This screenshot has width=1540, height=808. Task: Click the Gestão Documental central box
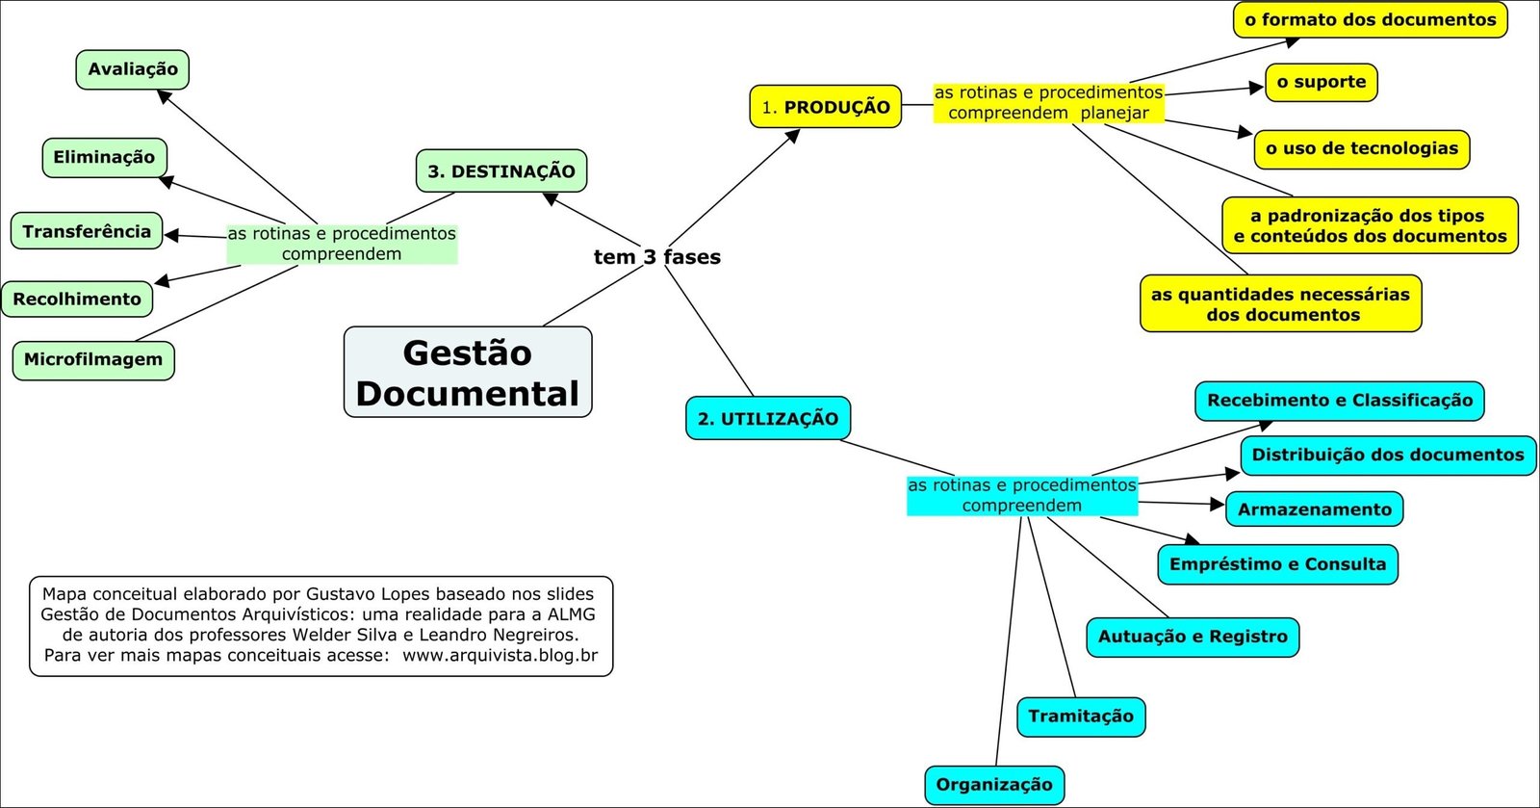pyautogui.click(x=468, y=373)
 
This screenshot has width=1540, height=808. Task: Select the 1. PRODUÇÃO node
pyautogui.click(x=825, y=107)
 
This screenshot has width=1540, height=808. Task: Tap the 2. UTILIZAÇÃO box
pyautogui.click(x=768, y=419)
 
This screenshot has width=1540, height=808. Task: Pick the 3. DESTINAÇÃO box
pyautogui.click(x=500, y=171)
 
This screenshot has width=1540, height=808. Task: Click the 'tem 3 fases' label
pyautogui.click(x=656, y=257)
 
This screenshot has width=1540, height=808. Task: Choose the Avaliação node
pyautogui.click(x=133, y=69)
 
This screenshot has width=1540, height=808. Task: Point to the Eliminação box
pyautogui.click(x=104, y=158)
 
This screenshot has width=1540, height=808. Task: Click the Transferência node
pyautogui.click(x=87, y=232)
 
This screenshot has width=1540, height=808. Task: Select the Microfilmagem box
pyautogui.click(x=93, y=360)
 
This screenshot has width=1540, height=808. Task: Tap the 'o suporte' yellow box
pyautogui.click(x=1321, y=83)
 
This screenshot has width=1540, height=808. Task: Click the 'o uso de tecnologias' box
pyautogui.click(x=1361, y=149)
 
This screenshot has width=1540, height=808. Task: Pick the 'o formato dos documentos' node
pyautogui.click(x=1370, y=20)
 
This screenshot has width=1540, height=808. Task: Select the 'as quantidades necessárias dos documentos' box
pyautogui.click(x=1280, y=304)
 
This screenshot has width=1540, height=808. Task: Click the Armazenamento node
pyautogui.click(x=1314, y=509)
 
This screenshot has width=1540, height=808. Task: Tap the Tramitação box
pyautogui.click(x=1081, y=717)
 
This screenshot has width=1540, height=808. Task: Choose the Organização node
pyautogui.click(x=994, y=785)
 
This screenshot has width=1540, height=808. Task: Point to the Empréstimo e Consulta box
pyautogui.click(x=1277, y=564)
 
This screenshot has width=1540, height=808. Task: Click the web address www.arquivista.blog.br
pyautogui.click(x=500, y=656)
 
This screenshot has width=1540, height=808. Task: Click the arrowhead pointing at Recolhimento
pyautogui.click(x=162, y=281)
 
